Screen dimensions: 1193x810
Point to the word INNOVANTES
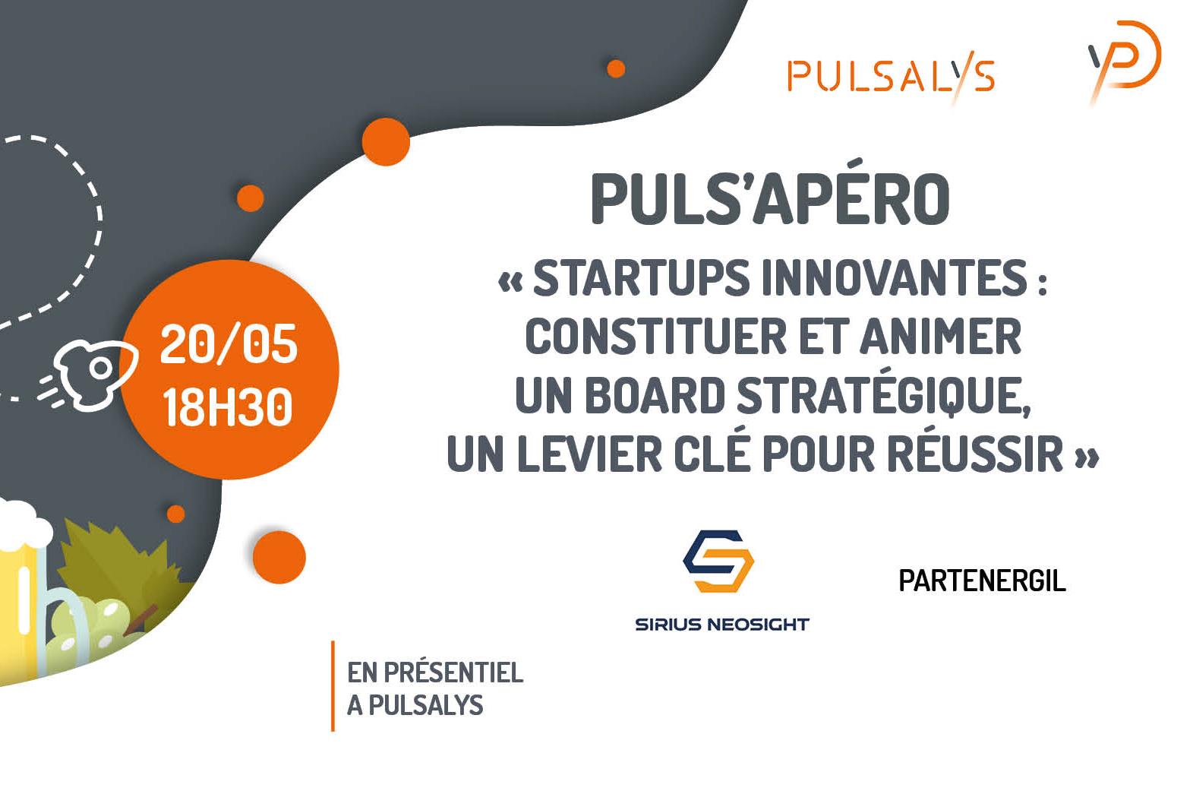tap(895, 278)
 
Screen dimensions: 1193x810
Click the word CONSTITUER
tap(655, 337)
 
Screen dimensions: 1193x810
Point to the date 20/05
tap(229, 344)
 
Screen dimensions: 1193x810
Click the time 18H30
tap(228, 407)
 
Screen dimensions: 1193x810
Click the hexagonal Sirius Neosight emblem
tap(718, 561)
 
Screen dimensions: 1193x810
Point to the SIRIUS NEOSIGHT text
tap(722, 624)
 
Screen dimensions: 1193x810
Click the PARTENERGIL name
tap(982, 581)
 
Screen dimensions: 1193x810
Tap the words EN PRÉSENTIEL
tap(435, 672)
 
